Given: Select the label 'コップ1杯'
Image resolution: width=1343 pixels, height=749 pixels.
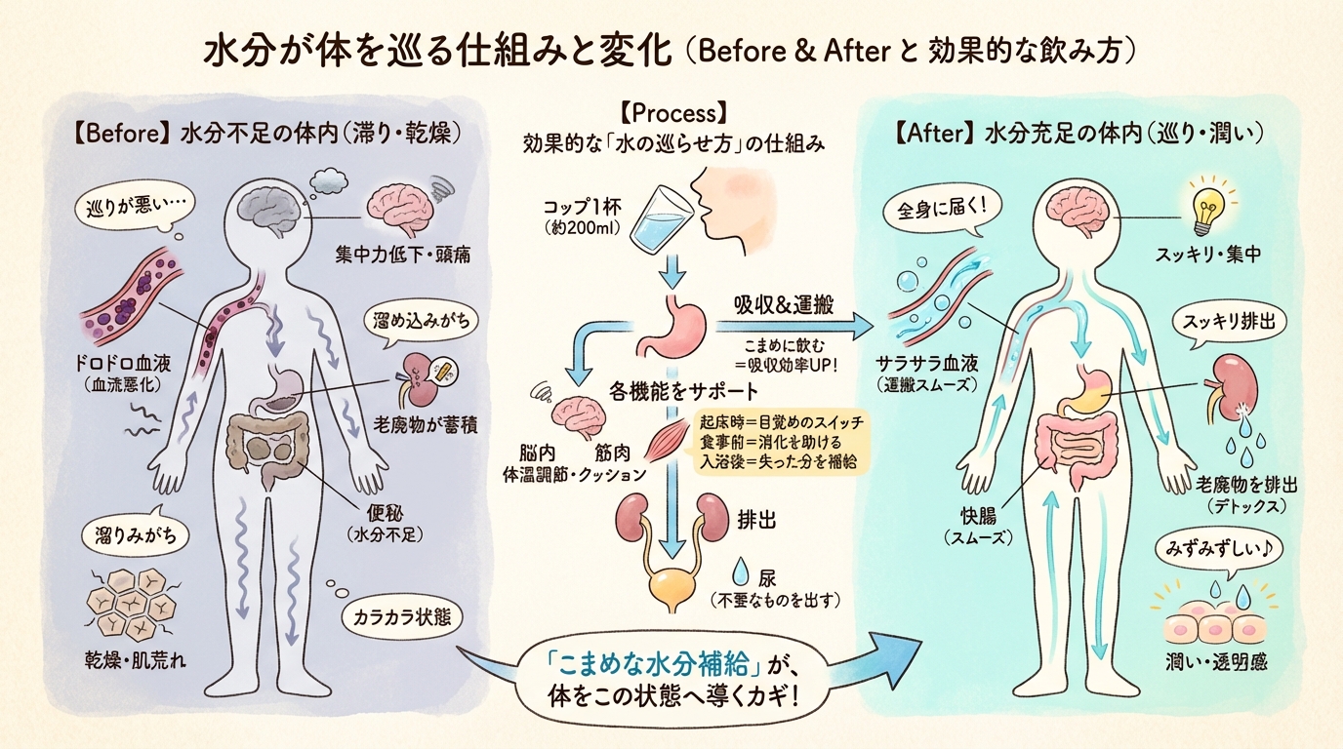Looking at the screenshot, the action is pyautogui.click(x=582, y=208).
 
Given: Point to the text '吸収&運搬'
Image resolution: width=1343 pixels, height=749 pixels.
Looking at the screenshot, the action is pyautogui.click(x=784, y=305).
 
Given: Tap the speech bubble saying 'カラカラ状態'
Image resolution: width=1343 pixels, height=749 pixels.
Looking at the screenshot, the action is pyautogui.click(x=402, y=617).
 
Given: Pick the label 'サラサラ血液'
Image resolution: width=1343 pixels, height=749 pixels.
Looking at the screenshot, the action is pyautogui.click(x=926, y=363).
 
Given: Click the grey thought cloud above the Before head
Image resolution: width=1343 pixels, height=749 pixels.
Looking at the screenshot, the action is pyautogui.click(x=329, y=179).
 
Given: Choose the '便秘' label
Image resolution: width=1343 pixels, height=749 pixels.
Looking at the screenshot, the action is pyautogui.click(x=385, y=513).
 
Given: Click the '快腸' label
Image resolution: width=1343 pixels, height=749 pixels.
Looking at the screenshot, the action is pyautogui.click(x=978, y=517).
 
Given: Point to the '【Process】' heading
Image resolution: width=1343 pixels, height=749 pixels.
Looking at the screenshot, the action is pyautogui.click(x=673, y=113).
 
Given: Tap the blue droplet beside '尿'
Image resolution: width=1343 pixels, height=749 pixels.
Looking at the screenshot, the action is pyautogui.click(x=741, y=572).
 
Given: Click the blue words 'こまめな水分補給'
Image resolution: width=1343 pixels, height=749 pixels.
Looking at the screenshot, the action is pyautogui.click(x=649, y=663).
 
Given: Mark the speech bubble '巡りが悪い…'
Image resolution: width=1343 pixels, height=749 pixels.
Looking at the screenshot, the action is pyautogui.click(x=135, y=211).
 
